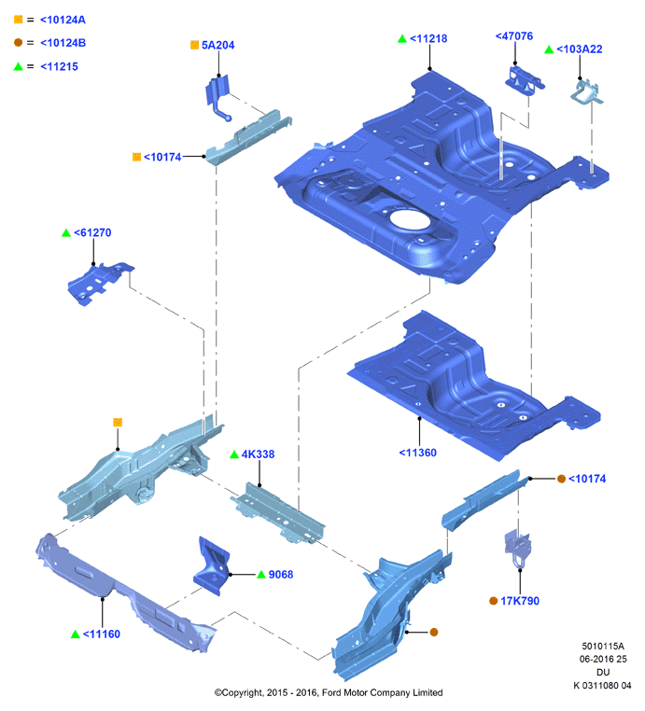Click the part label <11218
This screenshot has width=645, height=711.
428,38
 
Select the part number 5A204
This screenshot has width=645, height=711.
217,45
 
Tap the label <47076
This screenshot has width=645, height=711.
514,35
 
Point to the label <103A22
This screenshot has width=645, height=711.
580,49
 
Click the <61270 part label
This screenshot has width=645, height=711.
92,232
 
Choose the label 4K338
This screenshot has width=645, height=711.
258,453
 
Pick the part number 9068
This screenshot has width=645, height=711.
281,575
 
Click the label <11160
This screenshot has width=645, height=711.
102,634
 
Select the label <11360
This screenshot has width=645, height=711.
418,453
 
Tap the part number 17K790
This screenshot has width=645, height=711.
520,601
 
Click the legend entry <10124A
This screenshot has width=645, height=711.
63,20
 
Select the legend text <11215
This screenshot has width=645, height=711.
59,66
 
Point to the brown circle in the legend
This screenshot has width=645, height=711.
18,42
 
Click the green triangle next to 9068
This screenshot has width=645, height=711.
261,575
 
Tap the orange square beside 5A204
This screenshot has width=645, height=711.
194,45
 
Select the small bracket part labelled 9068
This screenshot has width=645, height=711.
212,565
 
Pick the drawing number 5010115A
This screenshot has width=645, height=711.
603,646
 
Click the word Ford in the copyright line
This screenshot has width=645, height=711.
332,692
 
